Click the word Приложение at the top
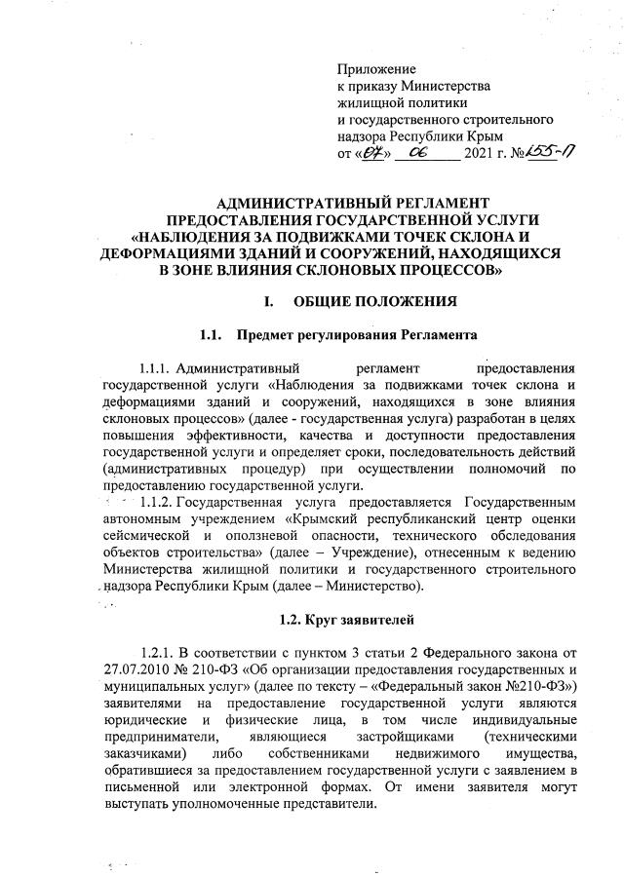click(x=376, y=69)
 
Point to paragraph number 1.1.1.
click(x=160, y=369)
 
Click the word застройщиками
click(x=421, y=740)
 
